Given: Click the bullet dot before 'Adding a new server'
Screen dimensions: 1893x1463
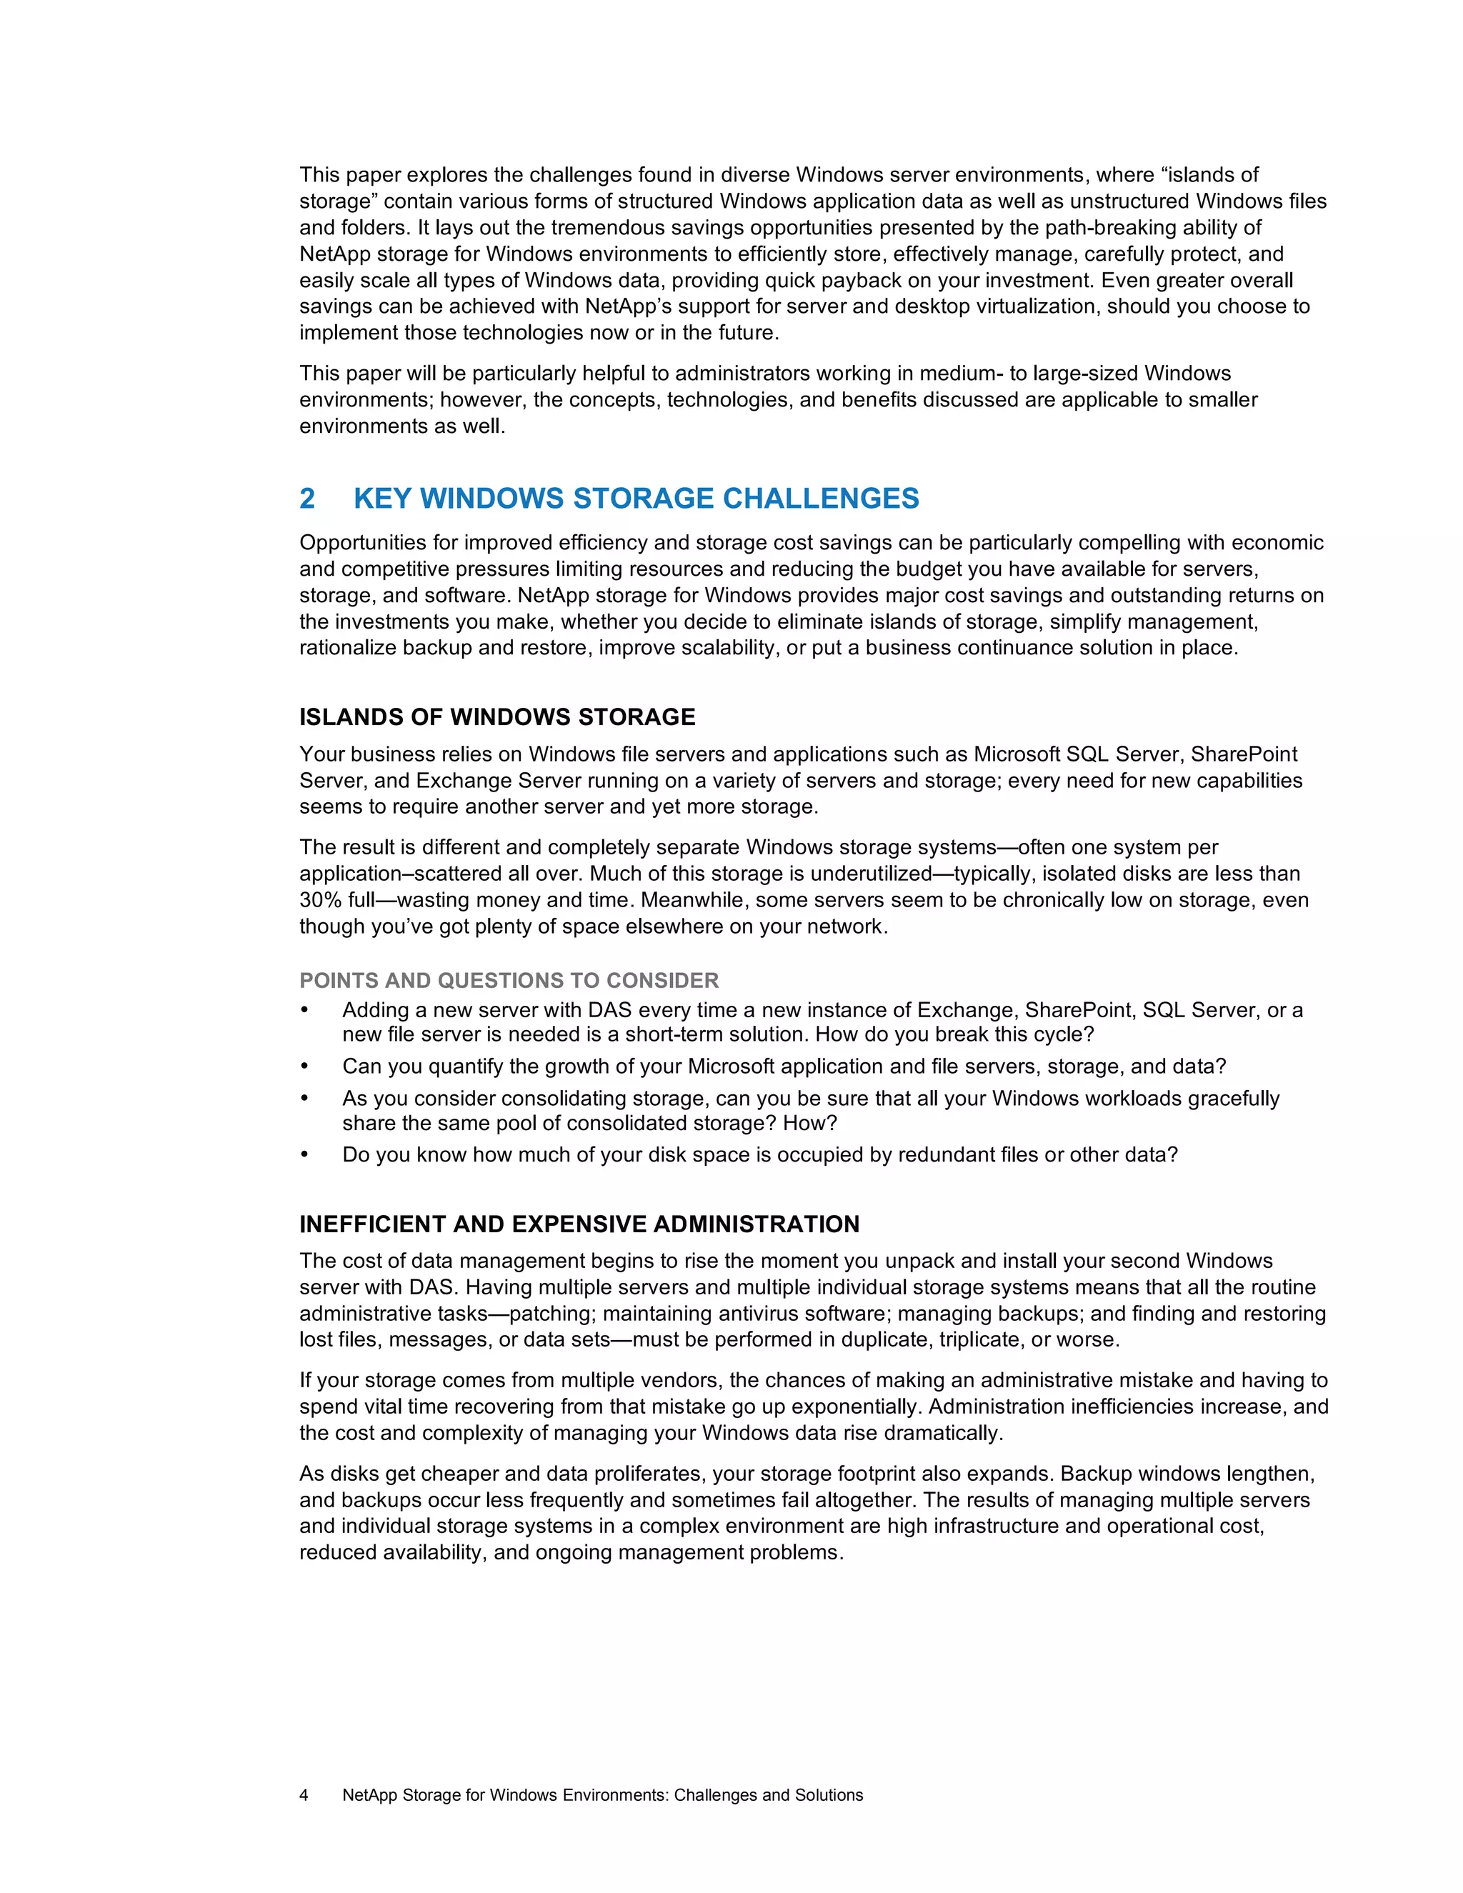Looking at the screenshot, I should click(x=304, y=1011).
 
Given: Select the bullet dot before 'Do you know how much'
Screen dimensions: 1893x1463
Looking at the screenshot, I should click(x=304, y=1154).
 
